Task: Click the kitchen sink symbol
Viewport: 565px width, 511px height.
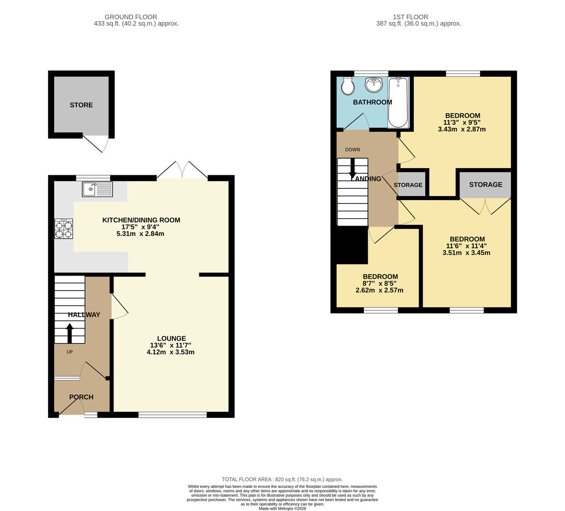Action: [97, 189]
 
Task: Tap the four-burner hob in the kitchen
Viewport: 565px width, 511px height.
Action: [64, 229]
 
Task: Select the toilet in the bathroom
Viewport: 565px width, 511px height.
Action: [347, 87]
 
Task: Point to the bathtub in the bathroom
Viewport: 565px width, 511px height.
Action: [398, 103]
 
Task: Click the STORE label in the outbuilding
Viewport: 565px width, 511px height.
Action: [81, 105]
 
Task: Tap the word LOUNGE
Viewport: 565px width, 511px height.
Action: [171, 338]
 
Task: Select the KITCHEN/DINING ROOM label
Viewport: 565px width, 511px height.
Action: [141, 220]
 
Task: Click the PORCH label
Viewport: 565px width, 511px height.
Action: [81, 397]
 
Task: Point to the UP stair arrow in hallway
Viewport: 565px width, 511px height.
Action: [70, 333]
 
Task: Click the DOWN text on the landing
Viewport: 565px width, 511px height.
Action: [352, 150]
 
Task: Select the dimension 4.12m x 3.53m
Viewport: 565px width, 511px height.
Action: [170, 352]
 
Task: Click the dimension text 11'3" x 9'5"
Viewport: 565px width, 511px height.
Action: [462, 122]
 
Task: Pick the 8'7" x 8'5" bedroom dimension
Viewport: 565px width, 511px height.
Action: [379, 284]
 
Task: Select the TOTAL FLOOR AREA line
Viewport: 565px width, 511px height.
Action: [282, 479]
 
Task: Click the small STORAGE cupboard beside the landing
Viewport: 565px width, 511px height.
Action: [408, 185]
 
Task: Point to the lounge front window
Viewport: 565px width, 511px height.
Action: [172, 415]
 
